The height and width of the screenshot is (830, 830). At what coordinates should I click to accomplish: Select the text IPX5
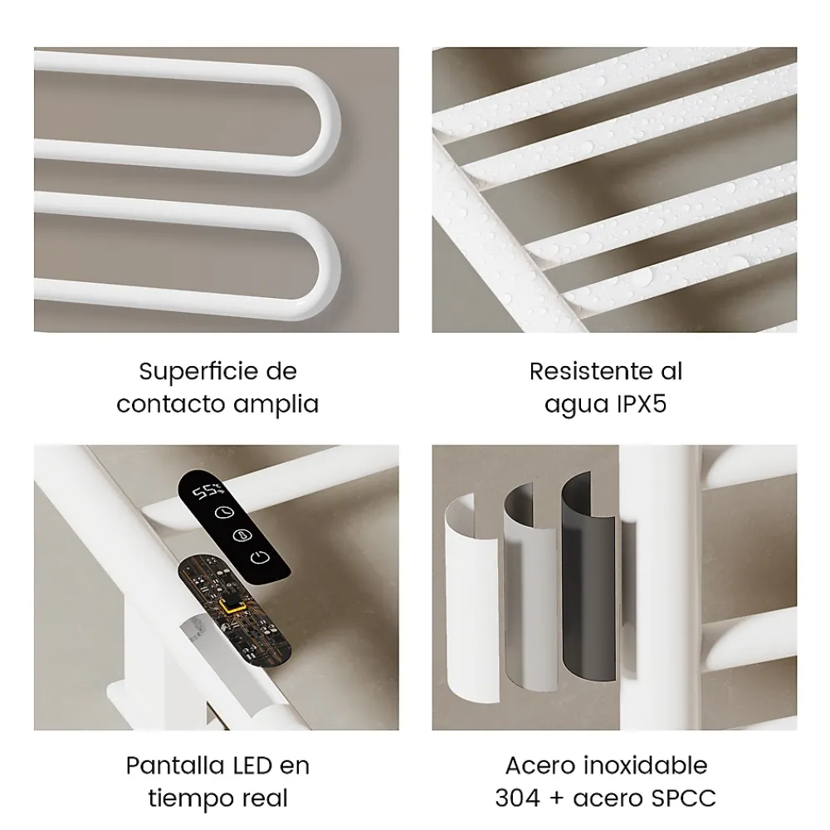coord(642,404)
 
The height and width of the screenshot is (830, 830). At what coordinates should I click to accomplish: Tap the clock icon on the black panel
coord(224,513)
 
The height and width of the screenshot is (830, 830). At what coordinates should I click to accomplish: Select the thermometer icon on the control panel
coord(242,535)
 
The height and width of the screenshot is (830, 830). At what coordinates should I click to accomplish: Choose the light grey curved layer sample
coord(530,588)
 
